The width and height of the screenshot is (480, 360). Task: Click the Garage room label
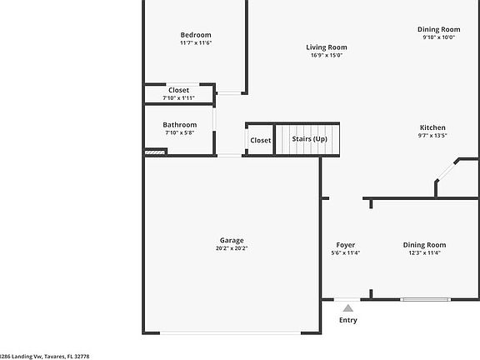pyautogui.click(x=232, y=241)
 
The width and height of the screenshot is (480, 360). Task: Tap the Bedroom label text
pyautogui.click(x=196, y=35)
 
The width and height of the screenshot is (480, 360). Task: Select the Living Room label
pyautogui.click(x=327, y=47)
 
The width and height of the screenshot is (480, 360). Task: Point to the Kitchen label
pyautogui.click(x=432, y=127)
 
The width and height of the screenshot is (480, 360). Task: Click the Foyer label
pyautogui.click(x=346, y=245)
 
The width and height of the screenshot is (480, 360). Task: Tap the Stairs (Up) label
pyautogui.click(x=309, y=139)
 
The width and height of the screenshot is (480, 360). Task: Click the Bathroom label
pyautogui.click(x=180, y=125)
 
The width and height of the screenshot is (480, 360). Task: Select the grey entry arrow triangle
pyautogui.click(x=347, y=308)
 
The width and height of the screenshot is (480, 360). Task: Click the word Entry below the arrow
pyautogui.click(x=348, y=320)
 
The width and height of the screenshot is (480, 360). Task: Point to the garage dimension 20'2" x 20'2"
pyautogui.click(x=232, y=248)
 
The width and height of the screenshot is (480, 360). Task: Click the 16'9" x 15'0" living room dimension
pyautogui.click(x=327, y=55)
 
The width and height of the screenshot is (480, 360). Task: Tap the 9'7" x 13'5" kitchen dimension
pyautogui.click(x=432, y=135)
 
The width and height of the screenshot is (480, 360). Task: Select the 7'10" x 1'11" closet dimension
pyautogui.click(x=179, y=98)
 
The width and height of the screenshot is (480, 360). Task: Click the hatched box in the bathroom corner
pyautogui.click(x=155, y=152)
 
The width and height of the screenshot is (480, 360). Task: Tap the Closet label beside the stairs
pyautogui.click(x=261, y=140)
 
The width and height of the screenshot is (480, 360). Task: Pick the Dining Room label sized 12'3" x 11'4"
pyautogui.click(x=425, y=245)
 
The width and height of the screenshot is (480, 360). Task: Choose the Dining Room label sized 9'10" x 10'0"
pyautogui.click(x=439, y=29)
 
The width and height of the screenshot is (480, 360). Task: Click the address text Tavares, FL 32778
pyautogui.click(x=67, y=357)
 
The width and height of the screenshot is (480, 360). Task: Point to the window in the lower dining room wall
pyautogui.click(x=425, y=299)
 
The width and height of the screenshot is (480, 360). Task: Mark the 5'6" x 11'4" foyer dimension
pyautogui.click(x=346, y=252)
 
